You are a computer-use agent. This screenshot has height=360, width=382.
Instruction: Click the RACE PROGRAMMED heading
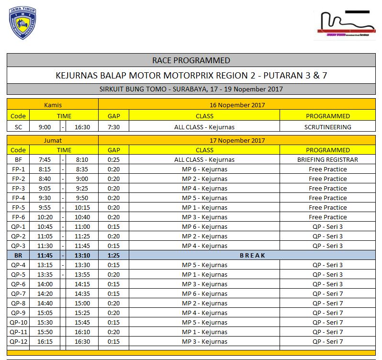click(x=191, y=60)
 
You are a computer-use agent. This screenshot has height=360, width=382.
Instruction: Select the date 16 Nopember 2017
click(x=237, y=105)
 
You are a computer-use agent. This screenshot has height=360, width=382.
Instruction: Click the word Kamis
click(x=53, y=105)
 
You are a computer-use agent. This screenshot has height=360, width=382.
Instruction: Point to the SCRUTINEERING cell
click(x=327, y=127)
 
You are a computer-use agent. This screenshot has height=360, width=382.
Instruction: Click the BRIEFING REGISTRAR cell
click(x=327, y=159)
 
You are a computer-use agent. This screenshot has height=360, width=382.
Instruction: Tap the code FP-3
click(x=18, y=188)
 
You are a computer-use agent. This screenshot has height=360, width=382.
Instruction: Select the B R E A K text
click(x=252, y=255)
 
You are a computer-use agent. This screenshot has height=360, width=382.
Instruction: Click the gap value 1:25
click(x=113, y=255)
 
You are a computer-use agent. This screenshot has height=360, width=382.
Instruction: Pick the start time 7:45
click(x=45, y=159)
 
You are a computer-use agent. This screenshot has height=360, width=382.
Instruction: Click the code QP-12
click(x=19, y=341)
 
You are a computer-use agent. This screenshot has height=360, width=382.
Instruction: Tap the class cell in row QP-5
click(x=204, y=274)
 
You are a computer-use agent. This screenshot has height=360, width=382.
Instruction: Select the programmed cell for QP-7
click(x=327, y=293)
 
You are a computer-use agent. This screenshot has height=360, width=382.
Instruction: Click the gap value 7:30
click(x=113, y=127)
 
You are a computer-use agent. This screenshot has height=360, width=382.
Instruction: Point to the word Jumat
click(x=53, y=140)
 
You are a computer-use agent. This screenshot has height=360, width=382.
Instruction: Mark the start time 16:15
click(x=45, y=341)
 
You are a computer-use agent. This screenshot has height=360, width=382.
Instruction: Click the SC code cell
click(x=18, y=127)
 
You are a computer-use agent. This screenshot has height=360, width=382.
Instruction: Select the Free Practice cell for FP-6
click(x=327, y=217)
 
